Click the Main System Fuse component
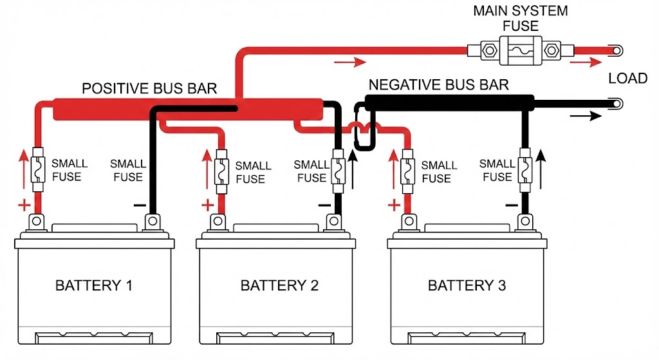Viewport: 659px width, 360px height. (x=520, y=51)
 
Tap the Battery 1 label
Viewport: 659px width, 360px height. (x=94, y=285)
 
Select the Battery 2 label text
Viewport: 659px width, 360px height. (x=279, y=285)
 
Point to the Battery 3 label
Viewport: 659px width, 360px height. (x=467, y=285)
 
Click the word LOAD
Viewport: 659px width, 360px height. (x=628, y=78)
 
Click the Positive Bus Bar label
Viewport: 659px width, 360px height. (x=149, y=88)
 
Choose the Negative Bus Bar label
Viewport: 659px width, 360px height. (x=439, y=85)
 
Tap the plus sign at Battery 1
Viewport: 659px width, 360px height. (x=24, y=205)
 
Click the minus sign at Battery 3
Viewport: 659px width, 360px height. (x=512, y=205)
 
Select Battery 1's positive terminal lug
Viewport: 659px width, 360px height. (x=36, y=221)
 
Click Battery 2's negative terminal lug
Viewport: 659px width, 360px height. (x=334, y=221)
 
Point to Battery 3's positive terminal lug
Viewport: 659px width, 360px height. (x=409, y=221)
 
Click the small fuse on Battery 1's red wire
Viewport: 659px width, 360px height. (x=38, y=169)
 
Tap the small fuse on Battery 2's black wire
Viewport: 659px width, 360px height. (x=338, y=171)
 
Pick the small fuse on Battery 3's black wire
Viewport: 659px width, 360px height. (x=524, y=170)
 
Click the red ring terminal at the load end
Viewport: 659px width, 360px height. (x=617, y=51)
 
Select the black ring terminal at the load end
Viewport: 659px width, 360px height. (x=617, y=104)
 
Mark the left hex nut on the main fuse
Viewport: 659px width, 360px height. (x=489, y=51)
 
